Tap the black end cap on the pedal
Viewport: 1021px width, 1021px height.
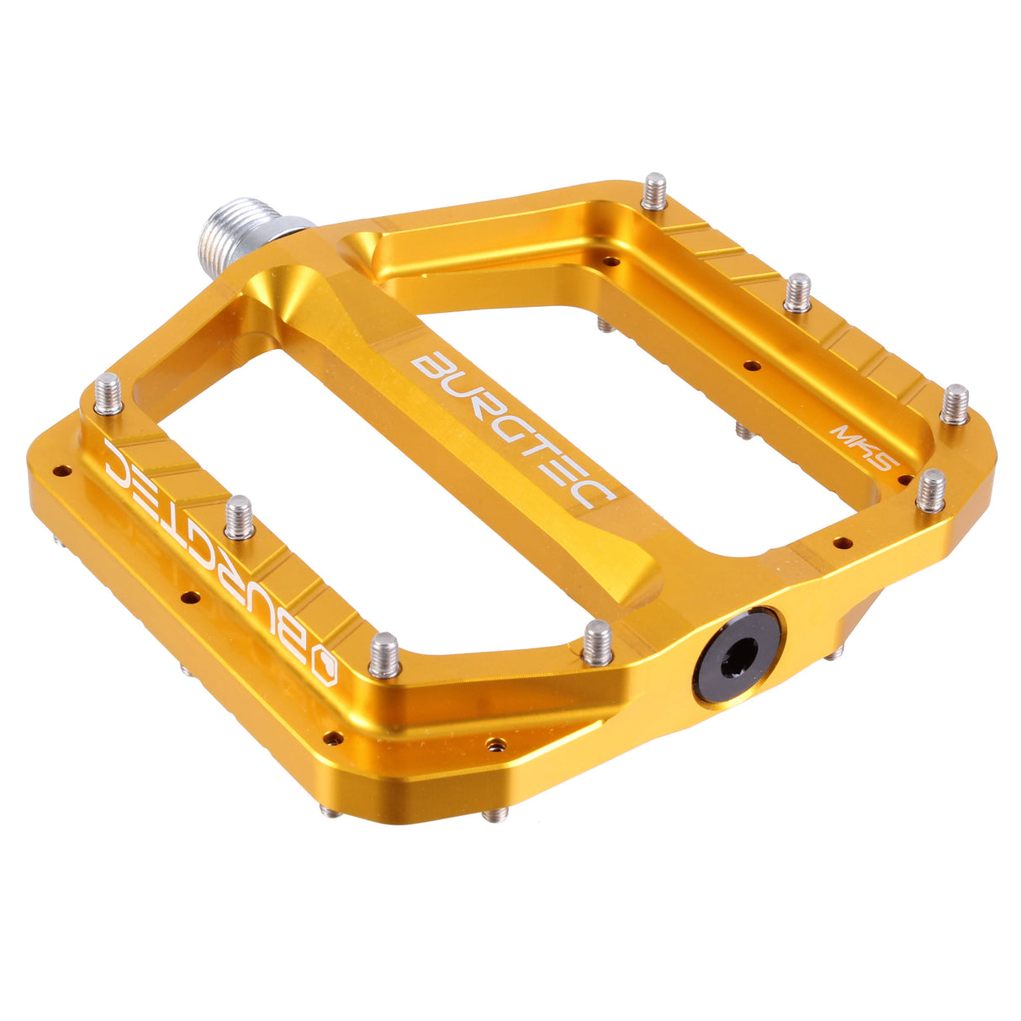[x=738, y=656]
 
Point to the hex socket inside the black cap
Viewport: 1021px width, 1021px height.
[x=738, y=654]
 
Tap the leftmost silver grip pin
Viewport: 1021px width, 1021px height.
[x=108, y=394]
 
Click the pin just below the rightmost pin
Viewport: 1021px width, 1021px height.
[x=931, y=490]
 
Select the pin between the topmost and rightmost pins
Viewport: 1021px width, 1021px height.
[x=797, y=292]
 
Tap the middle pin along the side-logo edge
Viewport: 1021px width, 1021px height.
[x=240, y=516]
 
